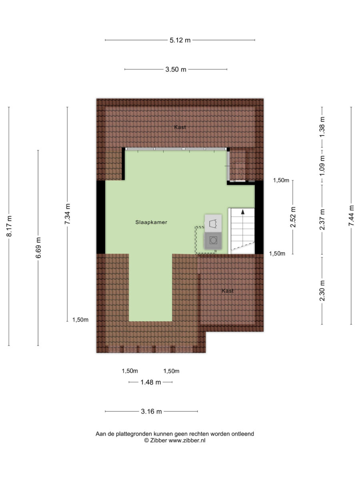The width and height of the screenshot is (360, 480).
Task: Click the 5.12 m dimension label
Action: point(180,40)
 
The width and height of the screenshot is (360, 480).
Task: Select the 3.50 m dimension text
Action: point(176,70)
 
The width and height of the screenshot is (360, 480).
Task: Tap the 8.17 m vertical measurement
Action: point(9,226)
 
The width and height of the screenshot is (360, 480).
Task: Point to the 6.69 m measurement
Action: point(38,248)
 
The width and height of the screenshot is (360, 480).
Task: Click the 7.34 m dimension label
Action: point(67,214)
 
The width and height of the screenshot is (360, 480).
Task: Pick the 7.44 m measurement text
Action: point(351,216)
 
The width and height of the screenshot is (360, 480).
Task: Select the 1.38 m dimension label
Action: point(322,127)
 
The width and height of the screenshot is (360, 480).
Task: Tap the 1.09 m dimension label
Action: point(322,166)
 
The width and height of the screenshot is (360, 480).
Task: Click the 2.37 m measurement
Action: point(322,220)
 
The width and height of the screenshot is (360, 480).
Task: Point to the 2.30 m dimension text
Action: point(322,291)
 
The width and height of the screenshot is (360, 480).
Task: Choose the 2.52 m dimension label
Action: point(293,217)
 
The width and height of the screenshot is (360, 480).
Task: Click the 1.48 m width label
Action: point(151,382)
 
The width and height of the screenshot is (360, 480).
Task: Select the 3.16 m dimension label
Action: point(151,412)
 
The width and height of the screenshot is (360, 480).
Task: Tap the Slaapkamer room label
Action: point(151,222)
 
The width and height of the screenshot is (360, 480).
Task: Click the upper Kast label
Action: point(180,127)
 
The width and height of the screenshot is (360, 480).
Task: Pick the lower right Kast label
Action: point(228,291)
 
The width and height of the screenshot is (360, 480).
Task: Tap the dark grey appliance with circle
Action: point(213,240)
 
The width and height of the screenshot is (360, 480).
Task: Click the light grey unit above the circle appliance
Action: point(213,223)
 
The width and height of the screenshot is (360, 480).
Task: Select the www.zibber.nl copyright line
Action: point(175,441)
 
